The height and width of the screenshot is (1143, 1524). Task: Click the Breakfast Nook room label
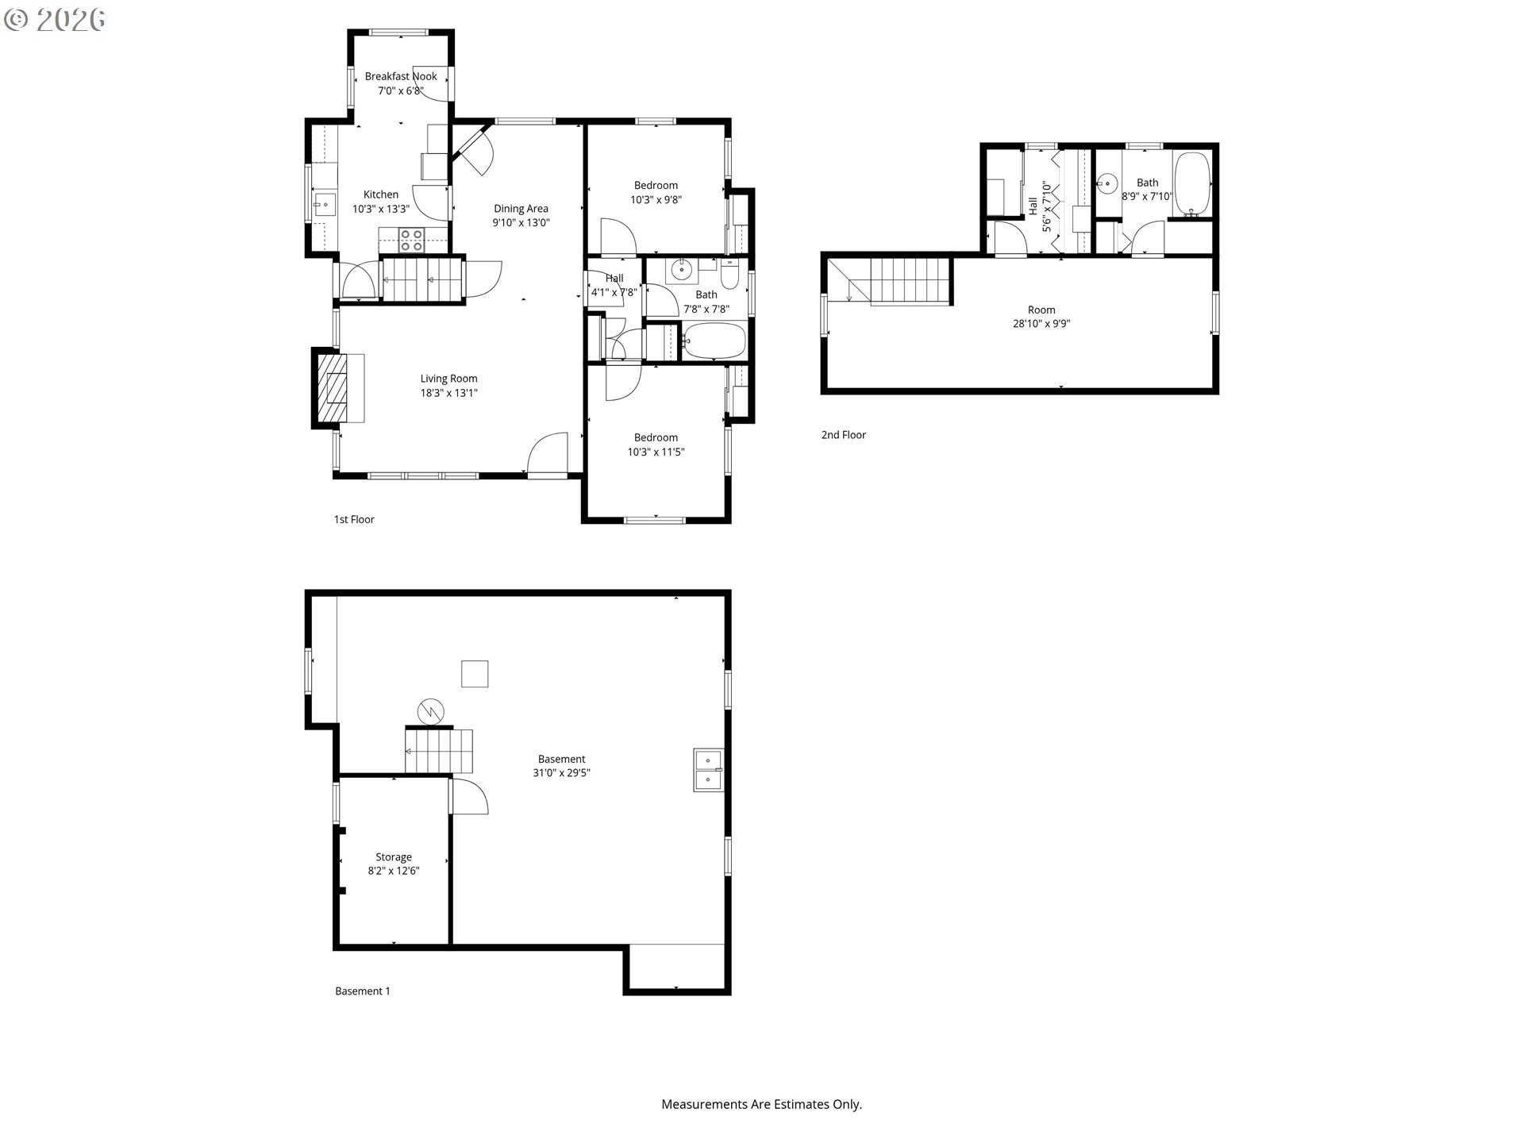(401, 76)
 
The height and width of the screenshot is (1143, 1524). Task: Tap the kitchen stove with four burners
(411, 240)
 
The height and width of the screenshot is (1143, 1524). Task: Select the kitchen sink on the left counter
(323, 204)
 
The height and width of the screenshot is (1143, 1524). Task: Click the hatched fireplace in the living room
(333, 388)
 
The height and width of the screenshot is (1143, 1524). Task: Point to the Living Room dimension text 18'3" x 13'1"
(449, 393)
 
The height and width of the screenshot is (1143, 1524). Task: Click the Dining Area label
(521, 209)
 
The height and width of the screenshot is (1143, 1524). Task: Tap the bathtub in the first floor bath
(714, 341)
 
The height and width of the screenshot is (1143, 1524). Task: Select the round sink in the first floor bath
(682, 271)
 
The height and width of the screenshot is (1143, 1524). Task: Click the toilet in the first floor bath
(730, 275)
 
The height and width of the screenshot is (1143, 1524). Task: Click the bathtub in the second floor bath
(1191, 183)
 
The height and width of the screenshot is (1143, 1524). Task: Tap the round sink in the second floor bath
(1108, 184)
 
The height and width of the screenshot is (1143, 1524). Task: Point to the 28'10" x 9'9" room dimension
(1041, 324)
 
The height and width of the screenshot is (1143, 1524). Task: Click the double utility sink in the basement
(709, 770)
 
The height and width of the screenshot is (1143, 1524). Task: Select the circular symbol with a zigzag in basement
(431, 711)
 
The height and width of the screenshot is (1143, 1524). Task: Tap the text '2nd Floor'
(844, 435)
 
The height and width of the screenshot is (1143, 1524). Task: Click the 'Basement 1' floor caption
(363, 991)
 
